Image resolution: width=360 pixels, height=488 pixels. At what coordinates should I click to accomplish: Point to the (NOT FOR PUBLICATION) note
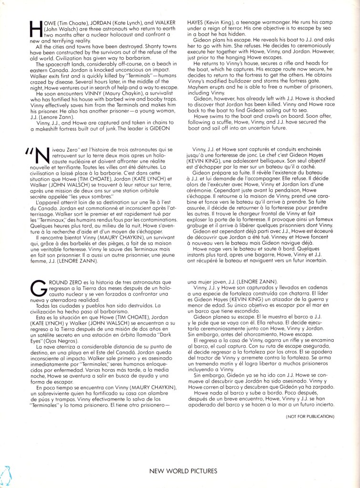[310, 416]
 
